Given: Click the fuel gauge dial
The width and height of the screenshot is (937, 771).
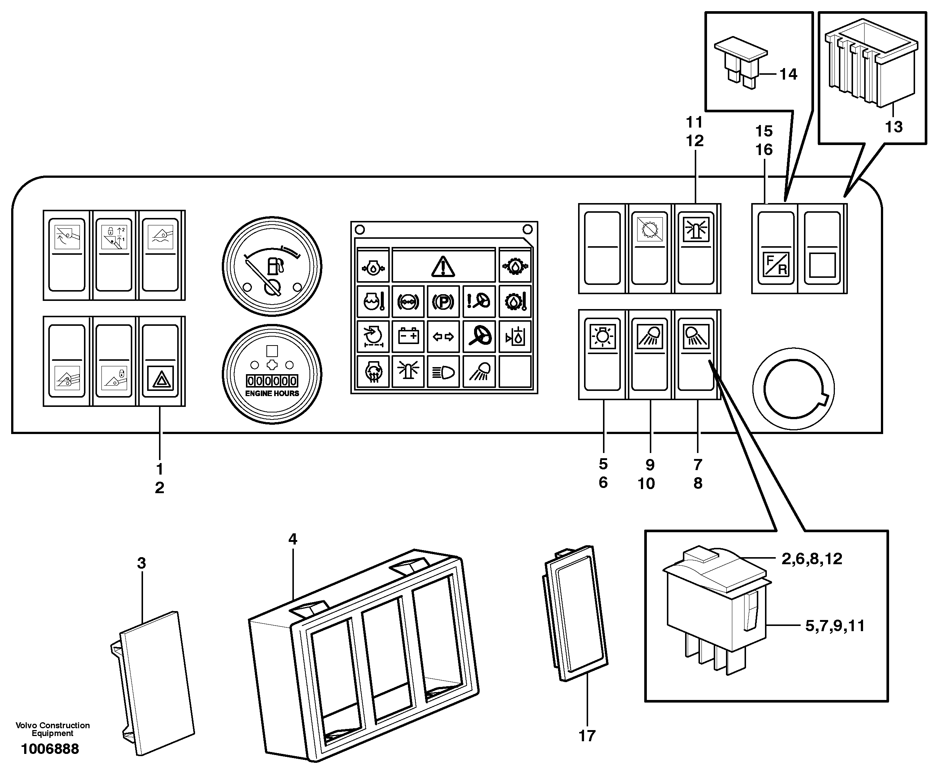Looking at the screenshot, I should pyautogui.click(x=272, y=266).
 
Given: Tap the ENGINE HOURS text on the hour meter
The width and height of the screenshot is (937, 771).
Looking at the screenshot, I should pyautogui.click(x=272, y=393).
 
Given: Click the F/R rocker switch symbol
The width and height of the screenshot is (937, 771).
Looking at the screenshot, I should pyautogui.click(x=776, y=264).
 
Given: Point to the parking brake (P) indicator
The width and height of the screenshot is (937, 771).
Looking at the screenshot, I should pyautogui.click(x=443, y=302).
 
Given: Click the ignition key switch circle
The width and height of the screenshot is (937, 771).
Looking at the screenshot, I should pyautogui.click(x=793, y=389).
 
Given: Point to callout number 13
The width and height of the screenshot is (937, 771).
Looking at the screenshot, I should pyautogui.click(x=894, y=127).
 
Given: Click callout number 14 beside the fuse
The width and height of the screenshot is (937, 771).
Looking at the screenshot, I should pyautogui.click(x=788, y=74).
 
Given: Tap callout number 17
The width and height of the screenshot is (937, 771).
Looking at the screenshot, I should pyautogui.click(x=587, y=736).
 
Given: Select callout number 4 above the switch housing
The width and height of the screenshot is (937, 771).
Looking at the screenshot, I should pyautogui.click(x=292, y=539).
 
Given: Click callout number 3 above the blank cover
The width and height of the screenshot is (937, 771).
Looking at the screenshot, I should pyautogui.click(x=142, y=563).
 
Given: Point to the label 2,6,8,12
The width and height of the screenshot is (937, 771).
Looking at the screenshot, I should pyautogui.click(x=811, y=559).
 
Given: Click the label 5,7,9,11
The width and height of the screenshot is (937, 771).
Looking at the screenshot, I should pyautogui.click(x=834, y=626).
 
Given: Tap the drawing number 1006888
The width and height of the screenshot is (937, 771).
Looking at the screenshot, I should pyautogui.click(x=50, y=749).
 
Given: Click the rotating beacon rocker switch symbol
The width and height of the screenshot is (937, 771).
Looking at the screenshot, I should pyautogui.click(x=696, y=229).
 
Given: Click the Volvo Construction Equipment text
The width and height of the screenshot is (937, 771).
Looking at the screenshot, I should pyautogui.click(x=52, y=729).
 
